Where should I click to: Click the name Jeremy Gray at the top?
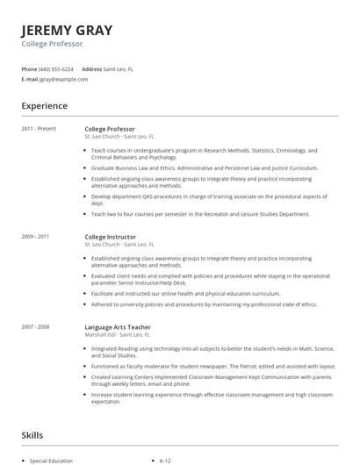67,31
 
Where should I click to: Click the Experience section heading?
45,106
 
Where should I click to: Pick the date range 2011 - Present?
39,129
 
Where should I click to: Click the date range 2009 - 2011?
36,237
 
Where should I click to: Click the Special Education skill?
52,461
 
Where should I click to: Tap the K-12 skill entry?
165,461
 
